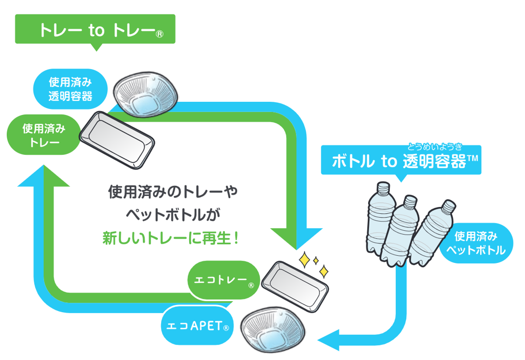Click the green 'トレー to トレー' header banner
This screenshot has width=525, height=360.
95,29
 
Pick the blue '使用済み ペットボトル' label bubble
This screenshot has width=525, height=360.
477,244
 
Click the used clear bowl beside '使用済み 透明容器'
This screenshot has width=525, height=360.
146,93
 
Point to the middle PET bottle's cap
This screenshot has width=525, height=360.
410,200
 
